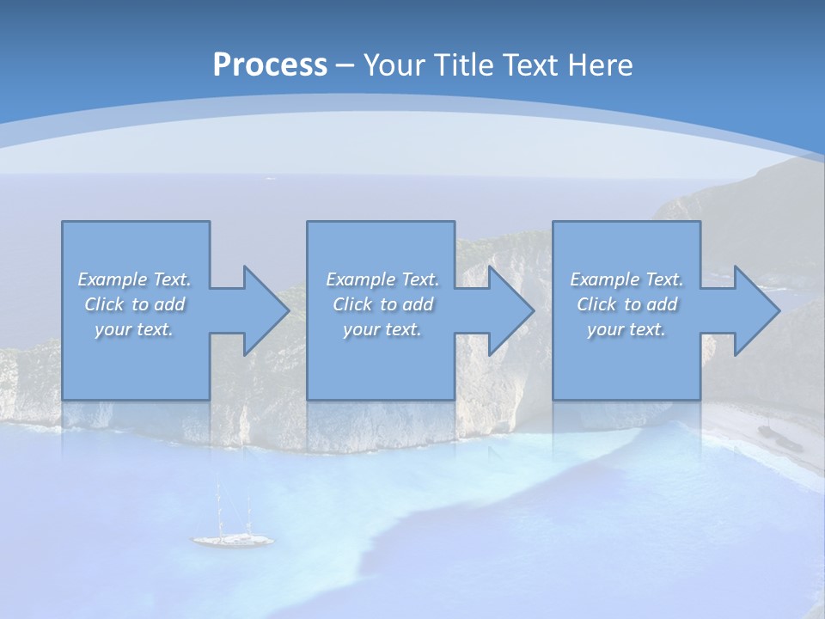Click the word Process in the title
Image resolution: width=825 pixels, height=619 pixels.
(270, 65)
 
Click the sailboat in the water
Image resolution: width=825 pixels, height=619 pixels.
(233, 540)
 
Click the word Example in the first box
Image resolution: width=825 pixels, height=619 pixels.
(112, 279)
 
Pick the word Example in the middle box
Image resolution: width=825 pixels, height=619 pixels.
(360, 279)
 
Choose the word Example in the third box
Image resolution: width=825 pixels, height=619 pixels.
(604, 279)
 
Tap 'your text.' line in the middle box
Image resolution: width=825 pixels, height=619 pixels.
(382, 329)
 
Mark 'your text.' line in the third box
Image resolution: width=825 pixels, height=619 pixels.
(626, 329)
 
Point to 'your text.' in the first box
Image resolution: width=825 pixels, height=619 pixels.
(134, 329)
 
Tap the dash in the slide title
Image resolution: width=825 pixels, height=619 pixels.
(345, 65)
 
